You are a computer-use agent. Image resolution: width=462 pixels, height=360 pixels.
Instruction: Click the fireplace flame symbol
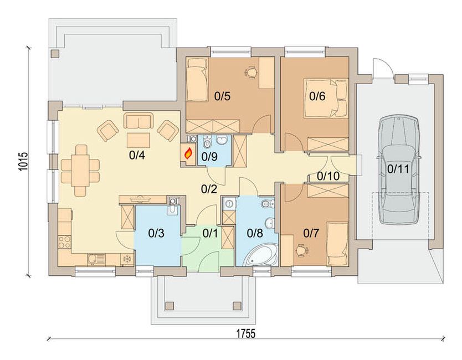coord(188,153)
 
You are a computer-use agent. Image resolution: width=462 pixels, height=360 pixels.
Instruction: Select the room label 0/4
coord(137,155)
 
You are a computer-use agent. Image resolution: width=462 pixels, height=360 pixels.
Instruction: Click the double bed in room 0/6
coord(326,98)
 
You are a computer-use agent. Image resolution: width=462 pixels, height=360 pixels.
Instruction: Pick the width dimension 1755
coord(246,334)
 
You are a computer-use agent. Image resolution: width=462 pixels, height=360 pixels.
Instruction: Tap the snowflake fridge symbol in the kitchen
coord(127,259)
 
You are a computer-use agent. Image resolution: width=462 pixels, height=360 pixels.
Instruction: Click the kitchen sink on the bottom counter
coord(96,259)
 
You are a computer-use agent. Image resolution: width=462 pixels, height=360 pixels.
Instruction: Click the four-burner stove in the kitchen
coord(64,241)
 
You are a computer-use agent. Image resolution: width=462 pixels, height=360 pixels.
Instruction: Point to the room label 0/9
coord(209,157)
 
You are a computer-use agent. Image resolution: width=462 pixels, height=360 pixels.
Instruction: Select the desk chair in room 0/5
coord(250,73)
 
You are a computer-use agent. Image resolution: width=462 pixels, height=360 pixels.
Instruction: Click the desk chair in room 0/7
coord(301,250)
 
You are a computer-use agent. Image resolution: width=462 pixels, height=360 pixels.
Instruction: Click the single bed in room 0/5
coord(197,80)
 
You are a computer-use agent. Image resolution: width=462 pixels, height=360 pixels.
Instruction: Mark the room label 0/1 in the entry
coord(211,233)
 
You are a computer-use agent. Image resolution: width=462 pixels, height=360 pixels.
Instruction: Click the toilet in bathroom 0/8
coord(268,203)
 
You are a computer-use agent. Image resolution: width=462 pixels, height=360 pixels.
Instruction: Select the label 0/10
coord(328,176)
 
